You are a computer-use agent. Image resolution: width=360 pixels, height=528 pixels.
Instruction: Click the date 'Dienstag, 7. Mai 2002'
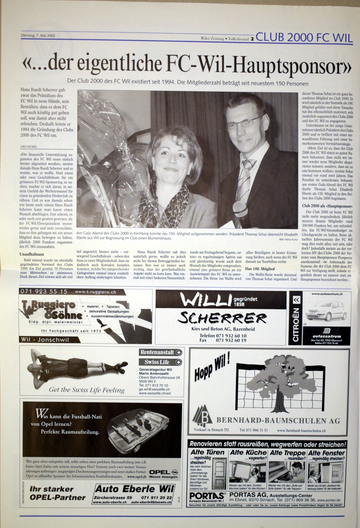pyautogui.click(x=38, y=36)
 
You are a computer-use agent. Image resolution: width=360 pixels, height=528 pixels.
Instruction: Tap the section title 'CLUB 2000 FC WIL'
pyautogui.click(x=304, y=37)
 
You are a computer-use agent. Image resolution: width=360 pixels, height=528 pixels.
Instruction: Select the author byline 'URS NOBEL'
pyautogui.click(x=29, y=147)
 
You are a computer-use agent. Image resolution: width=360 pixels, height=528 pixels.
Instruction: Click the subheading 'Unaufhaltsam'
pyautogui.click(x=32, y=254)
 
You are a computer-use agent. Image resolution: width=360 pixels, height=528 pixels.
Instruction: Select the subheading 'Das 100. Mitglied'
pyautogui.click(x=260, y=269)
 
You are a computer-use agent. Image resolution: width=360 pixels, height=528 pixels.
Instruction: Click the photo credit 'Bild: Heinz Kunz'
pyautogui.click(x=288, y=240)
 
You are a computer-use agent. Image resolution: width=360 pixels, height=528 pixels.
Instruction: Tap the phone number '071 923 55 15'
pyautogui.click(x=44, y=292)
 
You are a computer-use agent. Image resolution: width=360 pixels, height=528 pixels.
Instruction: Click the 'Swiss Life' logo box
pyautogui.click(x=160, y=362)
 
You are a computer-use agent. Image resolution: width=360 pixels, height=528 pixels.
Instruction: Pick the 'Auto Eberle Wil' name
pyautogui.click(x=135, y=489)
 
